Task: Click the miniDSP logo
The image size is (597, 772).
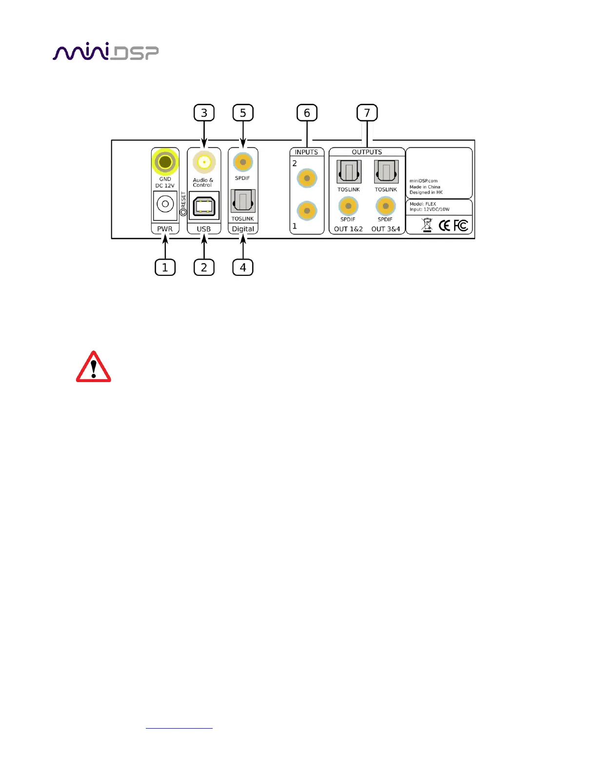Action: pyautogui.click(x=105, y=52)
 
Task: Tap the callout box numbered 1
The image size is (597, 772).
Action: pyautogui.click(x=165, y=267)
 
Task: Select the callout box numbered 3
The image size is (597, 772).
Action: pyautogui.click(x=204, y=113)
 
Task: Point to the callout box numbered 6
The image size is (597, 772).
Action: pyautogui.click(x=307, y=113)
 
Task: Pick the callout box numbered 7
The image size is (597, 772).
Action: pyautogui.click(x=367, y=113)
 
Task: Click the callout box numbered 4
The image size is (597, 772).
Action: pyautogui.click(x=243, y=267)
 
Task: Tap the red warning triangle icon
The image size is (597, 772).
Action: pyautogui.click(x=93, y=367)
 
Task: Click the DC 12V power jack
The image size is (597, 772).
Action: pyautogui.click(x=165, y=204)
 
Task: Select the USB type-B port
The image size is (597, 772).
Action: pyautogui.click(x=204, y=206)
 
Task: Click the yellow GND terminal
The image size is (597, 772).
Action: pyautogui.click(x=165, y=162)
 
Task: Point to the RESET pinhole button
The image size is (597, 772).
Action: pyautogui.click(x=183, y=212)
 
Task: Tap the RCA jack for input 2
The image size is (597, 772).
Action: pyautogui.click(x=307, y=178)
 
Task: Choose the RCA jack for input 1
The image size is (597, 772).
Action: pyautogui.click(x=307, y=211)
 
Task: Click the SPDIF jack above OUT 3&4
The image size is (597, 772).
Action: pyautogui.click(x=385, y=206)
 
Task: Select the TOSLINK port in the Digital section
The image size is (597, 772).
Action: pyautogui.click(x=243, y=201)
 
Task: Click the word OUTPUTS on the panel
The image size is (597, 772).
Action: pyautogui.click(x=367, y=152)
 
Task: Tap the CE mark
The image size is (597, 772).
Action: pyautogui.click(x=444, y=225)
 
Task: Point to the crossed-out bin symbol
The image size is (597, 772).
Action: pyautogui.click(x=427, y=225)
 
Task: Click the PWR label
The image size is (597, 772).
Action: pyautogui.click(x=165, y=229)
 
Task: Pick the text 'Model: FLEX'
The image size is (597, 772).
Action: pyautogui.click(x=423, y=204)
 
